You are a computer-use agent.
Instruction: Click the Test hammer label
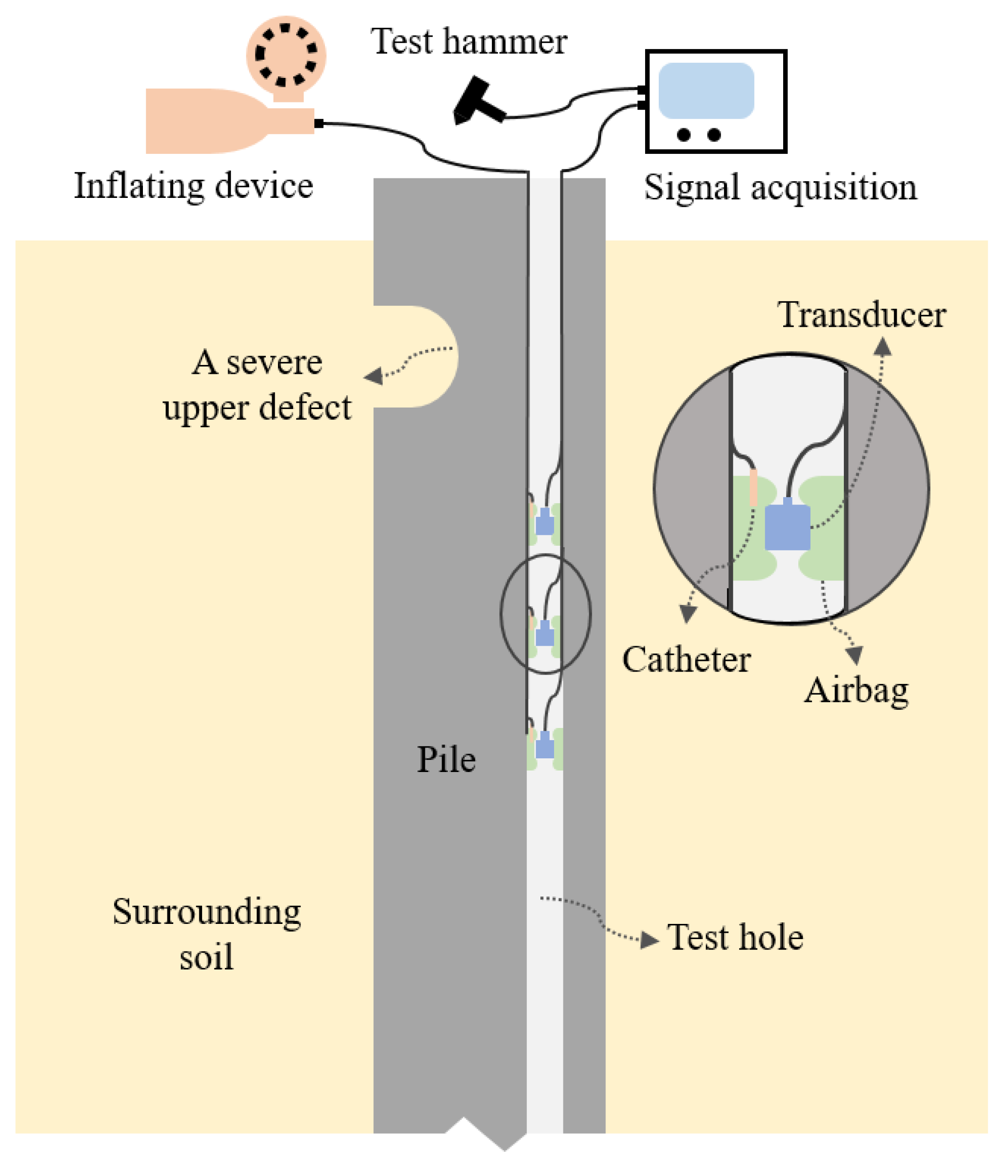(468, 42)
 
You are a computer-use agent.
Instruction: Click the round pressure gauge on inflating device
(286, 55)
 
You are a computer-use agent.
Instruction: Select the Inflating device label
(194, 186)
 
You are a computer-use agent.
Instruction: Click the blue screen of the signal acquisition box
(706, 90)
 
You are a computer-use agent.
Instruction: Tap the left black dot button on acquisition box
(683, 135)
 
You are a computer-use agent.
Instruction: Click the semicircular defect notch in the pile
(425, 356)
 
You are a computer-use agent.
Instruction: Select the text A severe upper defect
(257, 385)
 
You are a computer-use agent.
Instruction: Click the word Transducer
(861, 315)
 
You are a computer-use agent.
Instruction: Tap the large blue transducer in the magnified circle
(787, 527)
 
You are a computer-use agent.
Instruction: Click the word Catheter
(686, 659)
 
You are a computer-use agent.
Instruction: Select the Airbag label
(856, 690)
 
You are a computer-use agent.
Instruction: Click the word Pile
(446, 760)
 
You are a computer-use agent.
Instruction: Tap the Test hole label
(735, 938)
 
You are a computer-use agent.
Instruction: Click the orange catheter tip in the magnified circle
(753, 488)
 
